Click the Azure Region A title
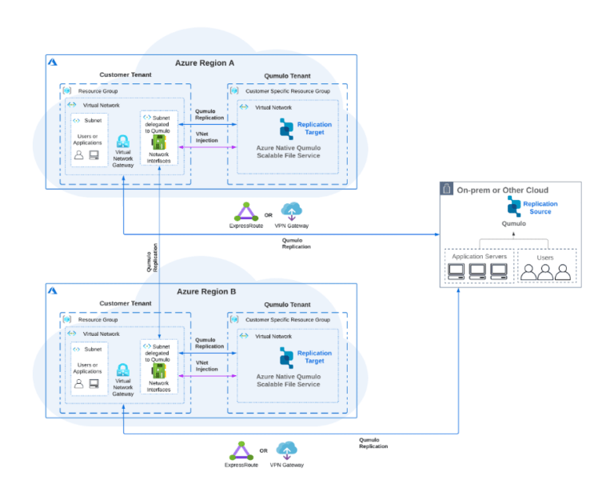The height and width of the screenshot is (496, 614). pyautogui.click(x=205, y=62)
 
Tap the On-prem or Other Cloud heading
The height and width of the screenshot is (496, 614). pyautogui.click(x=503, y=190)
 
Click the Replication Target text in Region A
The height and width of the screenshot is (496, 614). pyautogui.click(x=314, y=128)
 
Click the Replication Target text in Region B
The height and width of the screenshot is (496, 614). pyautogui.click(x=314, y=357)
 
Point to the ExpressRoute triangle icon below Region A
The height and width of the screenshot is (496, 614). pyautogui.click(x=245, y=212)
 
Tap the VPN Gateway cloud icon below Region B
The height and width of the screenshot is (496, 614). pyautogui.click(x=288, y=450)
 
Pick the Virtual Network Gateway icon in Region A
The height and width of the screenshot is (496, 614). pyautogui.click(x=123, y=142)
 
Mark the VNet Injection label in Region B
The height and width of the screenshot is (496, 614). pyautogui.click(x=206, y=366)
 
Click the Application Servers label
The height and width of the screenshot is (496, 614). pyautogui.click(x=475, y=257)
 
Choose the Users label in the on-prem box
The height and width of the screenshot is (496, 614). pyautogui.click(x=546, y=257)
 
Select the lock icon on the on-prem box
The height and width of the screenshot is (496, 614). pyautogui.click(x=447, y=189)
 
